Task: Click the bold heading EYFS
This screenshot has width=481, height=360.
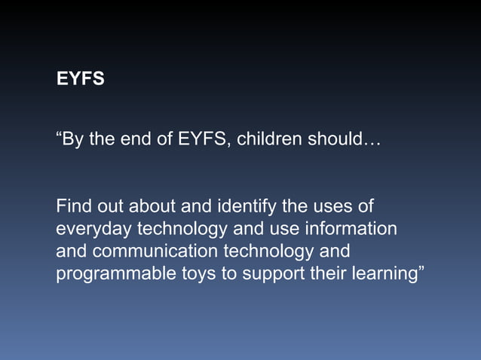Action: tap(81, 78)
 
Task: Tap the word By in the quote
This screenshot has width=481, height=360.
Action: tap(74, 140)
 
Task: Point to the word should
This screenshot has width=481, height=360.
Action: tap(336, 140)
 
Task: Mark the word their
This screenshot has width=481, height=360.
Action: tap(327, 273)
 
